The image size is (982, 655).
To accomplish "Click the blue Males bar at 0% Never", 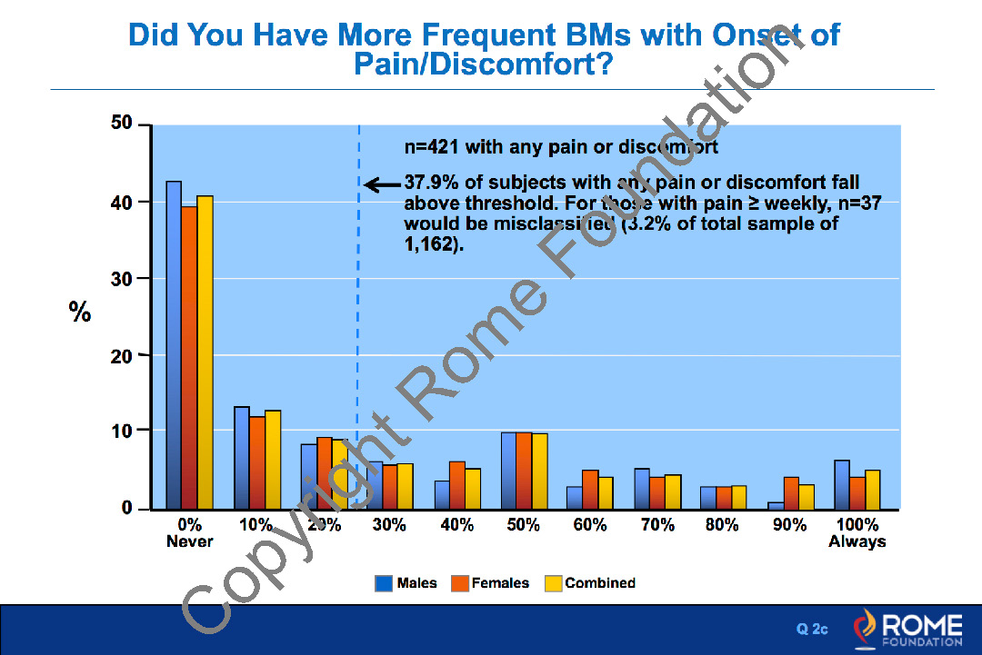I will click(x=173, y=345).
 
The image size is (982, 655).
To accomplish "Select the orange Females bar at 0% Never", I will click(x=188, y=357).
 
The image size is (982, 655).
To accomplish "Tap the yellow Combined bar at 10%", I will click(x=272, y=460).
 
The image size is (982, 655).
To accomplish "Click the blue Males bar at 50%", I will click(x=508, y=471).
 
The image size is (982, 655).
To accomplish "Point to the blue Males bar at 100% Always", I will click(x=842, y=484).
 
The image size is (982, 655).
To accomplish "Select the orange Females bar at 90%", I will click(x=791, y=492).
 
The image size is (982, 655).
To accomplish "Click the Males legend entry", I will click(x=406, y=583).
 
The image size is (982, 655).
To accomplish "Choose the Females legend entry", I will click(x=490, y=583).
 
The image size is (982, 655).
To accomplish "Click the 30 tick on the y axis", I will click(x=122, y=279).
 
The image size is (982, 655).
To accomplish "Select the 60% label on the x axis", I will click(x=590, y=525).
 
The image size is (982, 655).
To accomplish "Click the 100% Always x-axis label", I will click(x=857, y=533).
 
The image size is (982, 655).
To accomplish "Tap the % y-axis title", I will click(x=80, y=313).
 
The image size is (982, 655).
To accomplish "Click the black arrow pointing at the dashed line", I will click(x=383, y=185).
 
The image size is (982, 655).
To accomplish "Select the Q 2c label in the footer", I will click(x=812, y=629).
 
